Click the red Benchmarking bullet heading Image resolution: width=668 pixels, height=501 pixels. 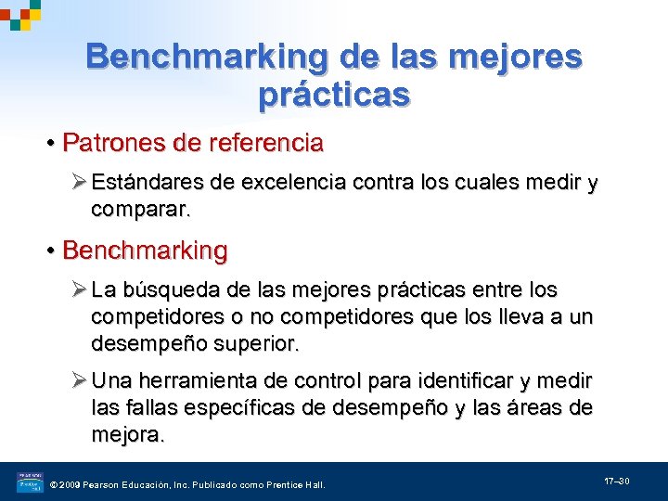[144, 250]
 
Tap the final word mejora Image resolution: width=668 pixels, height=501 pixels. [127, 433]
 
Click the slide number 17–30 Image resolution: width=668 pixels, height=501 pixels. [618, 482]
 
